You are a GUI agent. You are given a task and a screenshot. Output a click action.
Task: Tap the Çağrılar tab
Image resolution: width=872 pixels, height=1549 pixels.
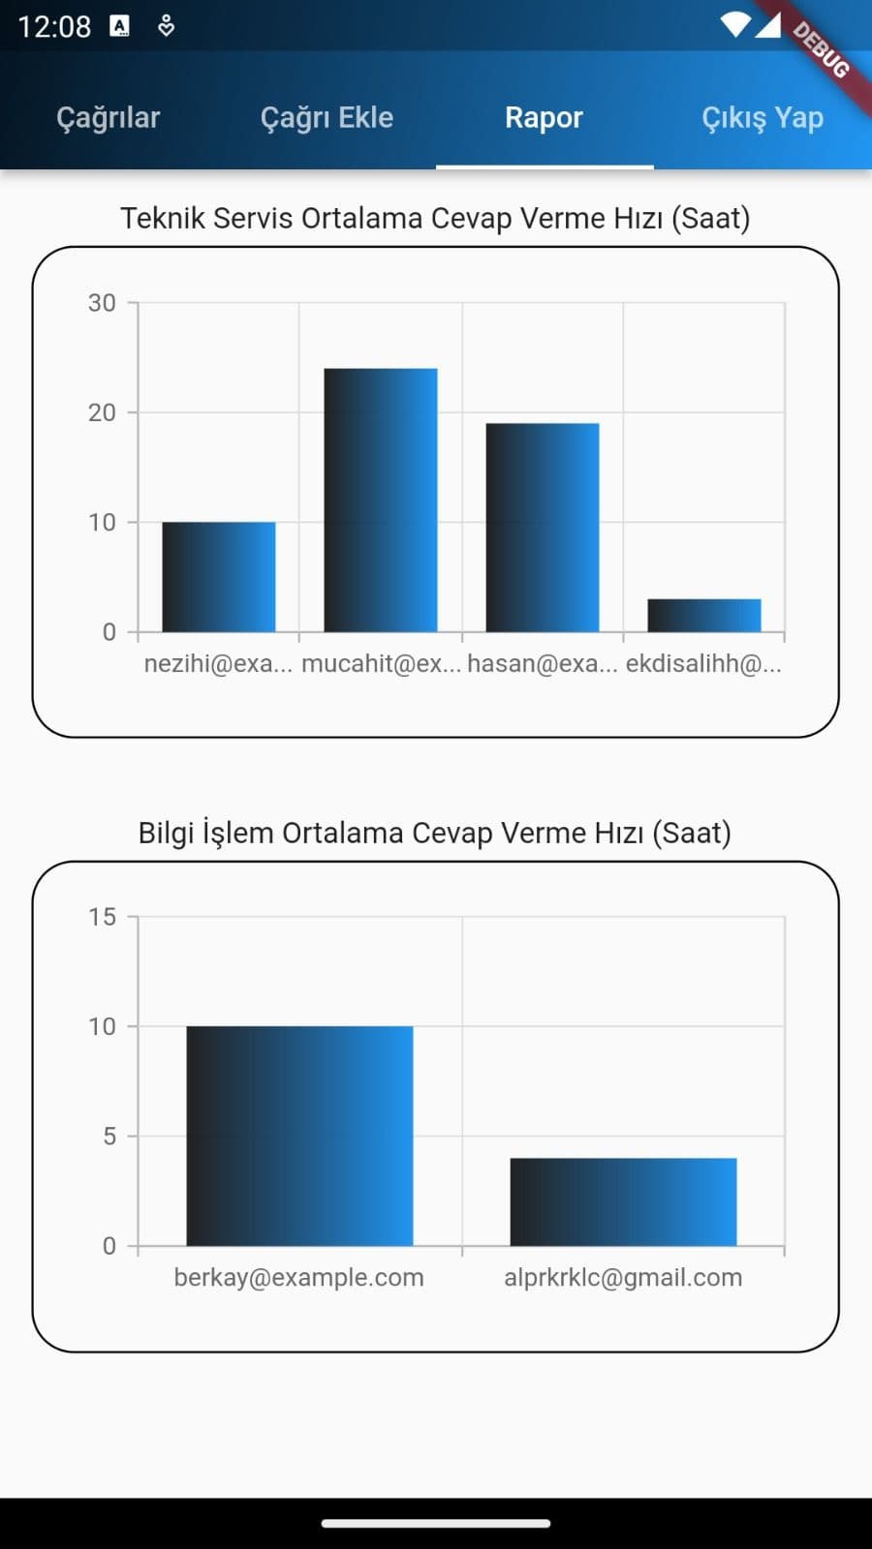coord(108,117)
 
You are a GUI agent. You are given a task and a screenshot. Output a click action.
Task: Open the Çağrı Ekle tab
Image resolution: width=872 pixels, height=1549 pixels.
coord(327,117)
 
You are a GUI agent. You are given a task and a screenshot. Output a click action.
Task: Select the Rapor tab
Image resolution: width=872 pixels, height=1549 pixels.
coord(544,117)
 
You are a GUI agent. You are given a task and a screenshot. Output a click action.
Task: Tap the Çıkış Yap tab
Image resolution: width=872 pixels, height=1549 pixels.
coord(762,117)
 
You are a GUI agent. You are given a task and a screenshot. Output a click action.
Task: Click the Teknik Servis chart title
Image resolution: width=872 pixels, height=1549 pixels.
coord(435,218)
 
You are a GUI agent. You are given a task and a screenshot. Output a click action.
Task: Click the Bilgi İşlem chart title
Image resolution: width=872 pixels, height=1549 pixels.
coord(435,833)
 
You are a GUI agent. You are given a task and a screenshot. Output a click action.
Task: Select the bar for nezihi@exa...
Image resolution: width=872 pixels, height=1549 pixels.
coord(218,577)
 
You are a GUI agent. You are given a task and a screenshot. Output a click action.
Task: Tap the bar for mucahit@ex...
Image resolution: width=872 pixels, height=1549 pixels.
coord(380,500)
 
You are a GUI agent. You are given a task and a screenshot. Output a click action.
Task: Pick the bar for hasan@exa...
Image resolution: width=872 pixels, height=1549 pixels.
coord(542,528)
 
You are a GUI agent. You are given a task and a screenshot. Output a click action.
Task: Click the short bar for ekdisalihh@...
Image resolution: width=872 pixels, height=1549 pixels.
coord(703,616)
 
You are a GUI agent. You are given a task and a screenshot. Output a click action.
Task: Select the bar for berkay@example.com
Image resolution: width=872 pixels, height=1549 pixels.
coord(299,1136)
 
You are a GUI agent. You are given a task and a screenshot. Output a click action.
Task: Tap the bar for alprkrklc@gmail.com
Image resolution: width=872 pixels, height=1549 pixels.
coord(623,1201)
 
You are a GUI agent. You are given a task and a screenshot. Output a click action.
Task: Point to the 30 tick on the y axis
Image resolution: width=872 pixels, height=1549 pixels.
coord(102,303)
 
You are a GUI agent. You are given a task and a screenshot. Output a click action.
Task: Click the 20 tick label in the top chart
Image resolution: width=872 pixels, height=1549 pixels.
coord(102,412)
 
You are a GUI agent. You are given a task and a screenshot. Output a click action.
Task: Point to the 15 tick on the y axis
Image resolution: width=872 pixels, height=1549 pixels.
coord(102,917)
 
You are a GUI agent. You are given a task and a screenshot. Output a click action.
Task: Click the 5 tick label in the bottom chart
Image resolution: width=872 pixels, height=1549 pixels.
coord(109,1136)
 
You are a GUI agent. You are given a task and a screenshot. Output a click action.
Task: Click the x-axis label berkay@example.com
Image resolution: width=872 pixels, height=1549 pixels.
coord(298,1277)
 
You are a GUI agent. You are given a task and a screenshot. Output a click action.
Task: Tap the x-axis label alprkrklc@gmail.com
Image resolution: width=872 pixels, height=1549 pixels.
coord(623,1277)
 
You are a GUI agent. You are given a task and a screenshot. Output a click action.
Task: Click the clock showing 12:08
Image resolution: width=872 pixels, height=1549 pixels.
coord(54,26)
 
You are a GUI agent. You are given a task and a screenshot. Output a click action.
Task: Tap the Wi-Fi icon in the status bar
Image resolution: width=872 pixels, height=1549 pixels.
coord(735,24)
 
